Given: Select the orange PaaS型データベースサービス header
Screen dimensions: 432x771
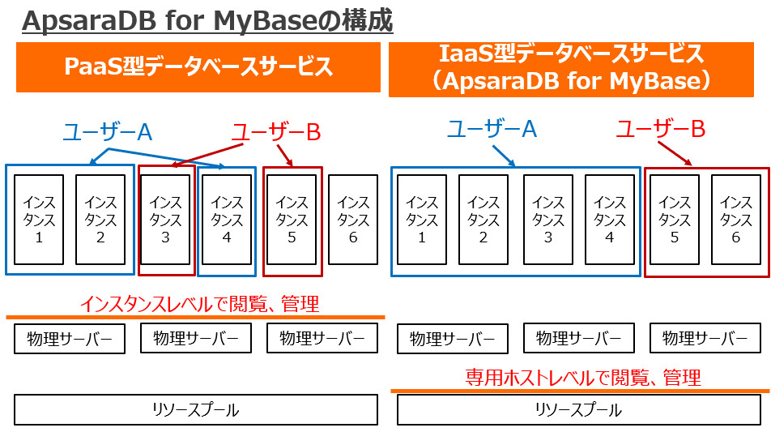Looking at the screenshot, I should [x=198, y=67].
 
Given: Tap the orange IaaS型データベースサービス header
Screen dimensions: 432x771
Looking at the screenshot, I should [x=578, y=67].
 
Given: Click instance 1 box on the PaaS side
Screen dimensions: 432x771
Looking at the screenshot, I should [x=39, y=220].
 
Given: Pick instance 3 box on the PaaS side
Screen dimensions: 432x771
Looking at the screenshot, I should [x=165, y=220].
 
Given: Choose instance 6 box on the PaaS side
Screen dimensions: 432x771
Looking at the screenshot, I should [x=353, y=220].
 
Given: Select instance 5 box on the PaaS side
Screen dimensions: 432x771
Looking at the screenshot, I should [x=292, y=220].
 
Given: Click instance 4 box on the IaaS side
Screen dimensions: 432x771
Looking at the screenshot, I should [x=609, y=220].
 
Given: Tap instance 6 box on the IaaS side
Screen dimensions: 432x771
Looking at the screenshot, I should [x=735, y=220].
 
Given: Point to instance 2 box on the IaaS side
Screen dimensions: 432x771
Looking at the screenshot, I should [x=483, y=220].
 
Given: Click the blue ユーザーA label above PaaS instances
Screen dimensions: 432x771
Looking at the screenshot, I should [x=108, y=131].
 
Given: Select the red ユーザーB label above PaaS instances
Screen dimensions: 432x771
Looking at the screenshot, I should [x=275, y=131].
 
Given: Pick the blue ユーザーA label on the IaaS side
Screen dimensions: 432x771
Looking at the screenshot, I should [x=492, y=128].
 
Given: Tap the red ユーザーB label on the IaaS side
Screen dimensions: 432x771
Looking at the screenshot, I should [x=661, y=128].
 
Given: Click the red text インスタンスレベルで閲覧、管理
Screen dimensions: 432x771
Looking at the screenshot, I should [x=199, y=304].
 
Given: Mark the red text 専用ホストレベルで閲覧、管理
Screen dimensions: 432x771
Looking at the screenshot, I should [x=583, y=377].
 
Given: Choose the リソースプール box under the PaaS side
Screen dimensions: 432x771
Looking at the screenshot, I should [x=196, y=410].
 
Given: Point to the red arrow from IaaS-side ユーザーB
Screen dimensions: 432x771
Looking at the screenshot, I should [x=674, y=154].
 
